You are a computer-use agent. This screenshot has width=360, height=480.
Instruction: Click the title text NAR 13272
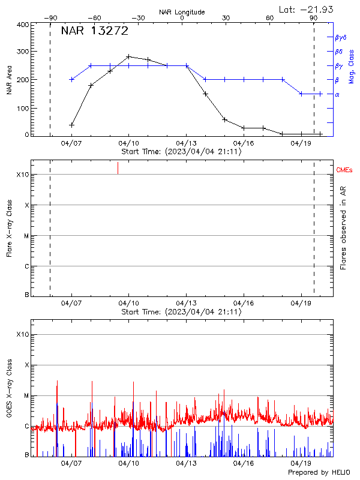point(95,32)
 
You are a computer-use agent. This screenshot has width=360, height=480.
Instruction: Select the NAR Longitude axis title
point(182,12)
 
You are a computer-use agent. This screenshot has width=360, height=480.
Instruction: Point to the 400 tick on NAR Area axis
point(23,25)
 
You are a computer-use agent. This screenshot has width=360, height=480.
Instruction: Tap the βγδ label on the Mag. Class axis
point(341,37)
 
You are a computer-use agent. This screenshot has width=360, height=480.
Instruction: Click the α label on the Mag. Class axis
point(337,94)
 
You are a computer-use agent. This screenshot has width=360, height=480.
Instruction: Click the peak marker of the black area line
point(128,56)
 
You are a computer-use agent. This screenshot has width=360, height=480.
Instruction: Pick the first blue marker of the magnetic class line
point(71,79)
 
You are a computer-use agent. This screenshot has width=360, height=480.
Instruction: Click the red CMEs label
point(345,170)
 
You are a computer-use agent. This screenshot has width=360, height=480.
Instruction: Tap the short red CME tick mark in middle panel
point(118,168)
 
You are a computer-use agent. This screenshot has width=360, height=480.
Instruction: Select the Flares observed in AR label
point(343,231)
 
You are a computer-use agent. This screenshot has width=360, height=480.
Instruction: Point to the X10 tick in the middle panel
point(23,175)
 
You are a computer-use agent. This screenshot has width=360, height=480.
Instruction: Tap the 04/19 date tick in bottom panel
point(300,463)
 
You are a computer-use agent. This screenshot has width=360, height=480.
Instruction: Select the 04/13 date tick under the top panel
point(186,143)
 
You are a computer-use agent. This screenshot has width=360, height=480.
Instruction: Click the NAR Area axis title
point(9,80)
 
